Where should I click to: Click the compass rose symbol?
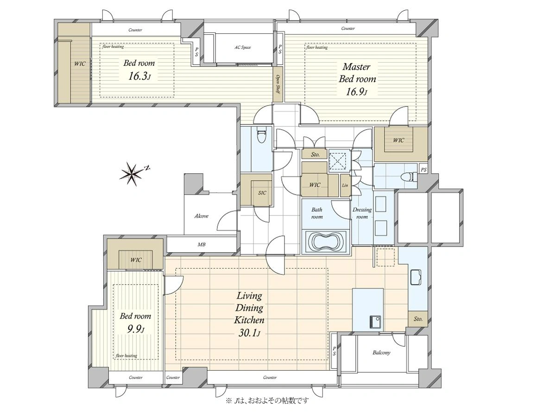132,174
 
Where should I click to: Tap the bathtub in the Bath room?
326,241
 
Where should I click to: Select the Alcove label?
202,216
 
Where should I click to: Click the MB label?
202,245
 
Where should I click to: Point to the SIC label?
262,193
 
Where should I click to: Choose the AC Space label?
243,47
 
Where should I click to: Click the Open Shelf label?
278,84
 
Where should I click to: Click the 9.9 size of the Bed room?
136,329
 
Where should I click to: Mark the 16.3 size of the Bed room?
139,76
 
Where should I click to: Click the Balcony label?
381,353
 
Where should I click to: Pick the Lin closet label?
345,185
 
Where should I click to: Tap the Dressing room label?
362,213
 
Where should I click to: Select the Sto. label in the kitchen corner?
418,319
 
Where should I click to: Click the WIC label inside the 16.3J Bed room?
80,64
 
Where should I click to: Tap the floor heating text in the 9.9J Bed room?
126,356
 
